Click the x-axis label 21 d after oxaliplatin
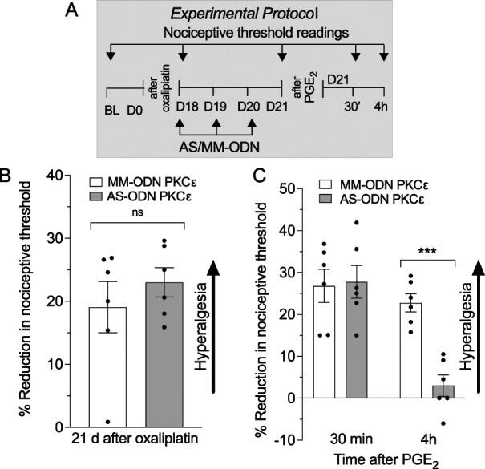(x=139, y=439)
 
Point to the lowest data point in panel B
(x=107, y=421)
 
